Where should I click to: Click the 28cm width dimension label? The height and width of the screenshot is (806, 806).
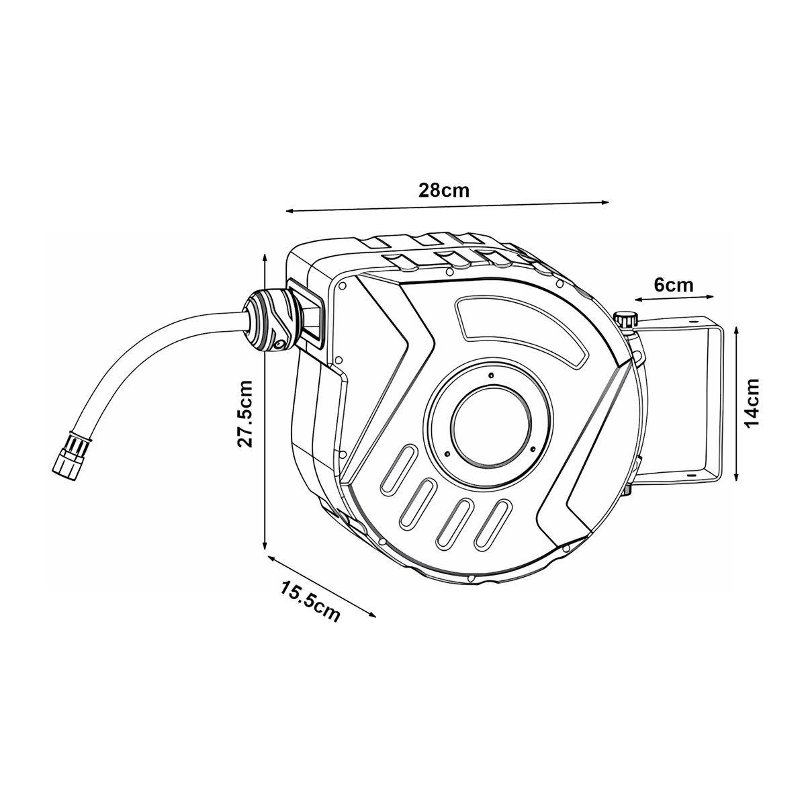[444, 191]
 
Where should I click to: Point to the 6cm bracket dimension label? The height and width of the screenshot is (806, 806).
[674, 285]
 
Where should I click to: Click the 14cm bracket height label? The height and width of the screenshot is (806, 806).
[752, 403]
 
